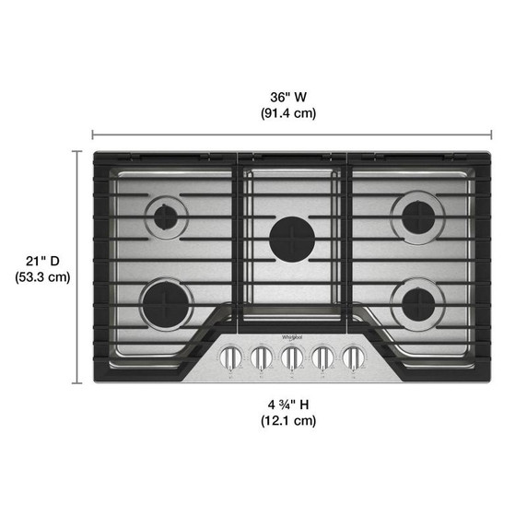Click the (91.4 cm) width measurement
287,114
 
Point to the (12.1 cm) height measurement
287,421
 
